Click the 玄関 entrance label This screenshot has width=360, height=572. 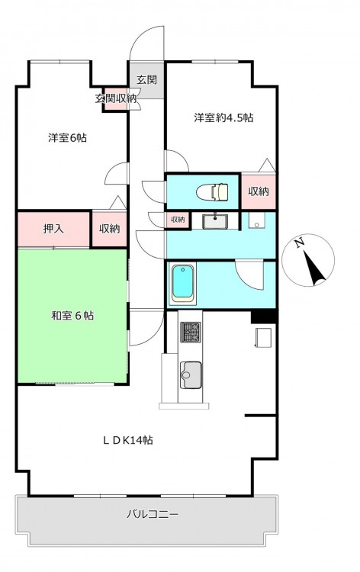tap(146, 79)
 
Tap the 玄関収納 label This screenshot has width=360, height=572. tap(116, 98)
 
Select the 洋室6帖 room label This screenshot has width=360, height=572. tap(67, 138)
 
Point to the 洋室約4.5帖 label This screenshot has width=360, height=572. tap(223, 117)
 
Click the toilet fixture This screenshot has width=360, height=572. tap(212, 191)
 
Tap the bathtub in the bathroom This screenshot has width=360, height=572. tap(184, 283)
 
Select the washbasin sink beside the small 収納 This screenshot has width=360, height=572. tap(216, 220)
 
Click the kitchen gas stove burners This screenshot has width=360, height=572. tap(191, 332)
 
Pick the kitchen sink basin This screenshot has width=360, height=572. tap(191, 374)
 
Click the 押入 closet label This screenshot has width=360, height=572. tap(53, 229)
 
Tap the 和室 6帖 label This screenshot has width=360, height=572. tap(72, 315)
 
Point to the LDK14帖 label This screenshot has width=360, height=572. tap(127, 440)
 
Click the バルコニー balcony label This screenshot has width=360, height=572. tap(153, 514)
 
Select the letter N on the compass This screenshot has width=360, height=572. tap(300, 243)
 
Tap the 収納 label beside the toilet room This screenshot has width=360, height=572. tap(259, 191)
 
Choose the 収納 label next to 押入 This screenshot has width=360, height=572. tap(109, 229)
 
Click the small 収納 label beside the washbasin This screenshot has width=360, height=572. tap(178, 220)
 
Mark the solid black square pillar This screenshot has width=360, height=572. tap(263, 317)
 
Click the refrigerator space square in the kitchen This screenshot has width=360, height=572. tap(263, 337)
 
